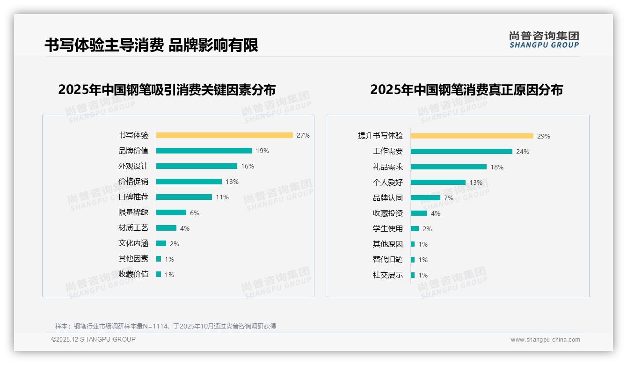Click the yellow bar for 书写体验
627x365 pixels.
[x=224, y=135]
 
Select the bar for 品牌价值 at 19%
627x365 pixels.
[x=204, y=151]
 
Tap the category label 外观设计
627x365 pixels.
[x=133, y=166]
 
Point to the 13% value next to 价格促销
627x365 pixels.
[x=232, y=182]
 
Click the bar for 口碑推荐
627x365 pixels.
[x=184, y=197]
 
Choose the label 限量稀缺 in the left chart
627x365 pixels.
[x=133, y=212]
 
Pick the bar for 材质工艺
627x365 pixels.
[x=166, y=228]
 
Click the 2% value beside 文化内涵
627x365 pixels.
[x=175, y=244]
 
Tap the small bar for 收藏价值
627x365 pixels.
[x=159, y=274]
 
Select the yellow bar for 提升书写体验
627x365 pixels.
[x=472, y=136]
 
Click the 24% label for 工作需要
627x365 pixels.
[x=523, y=152]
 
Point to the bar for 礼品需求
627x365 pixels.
[x=448, y=167]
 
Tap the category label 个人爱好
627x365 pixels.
[x=387, y=182]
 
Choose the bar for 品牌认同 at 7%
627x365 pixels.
[x=425, y=198]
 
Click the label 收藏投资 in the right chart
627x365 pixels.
[x=387, y=213]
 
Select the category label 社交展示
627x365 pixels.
[x=387, y=275]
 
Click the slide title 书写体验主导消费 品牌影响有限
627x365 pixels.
[x=151, y=45]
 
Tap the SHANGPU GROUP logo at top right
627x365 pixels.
[x=544, y=40]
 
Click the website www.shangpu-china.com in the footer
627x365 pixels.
[x=545, y=340]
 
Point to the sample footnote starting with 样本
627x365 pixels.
[x=166, y=326]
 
